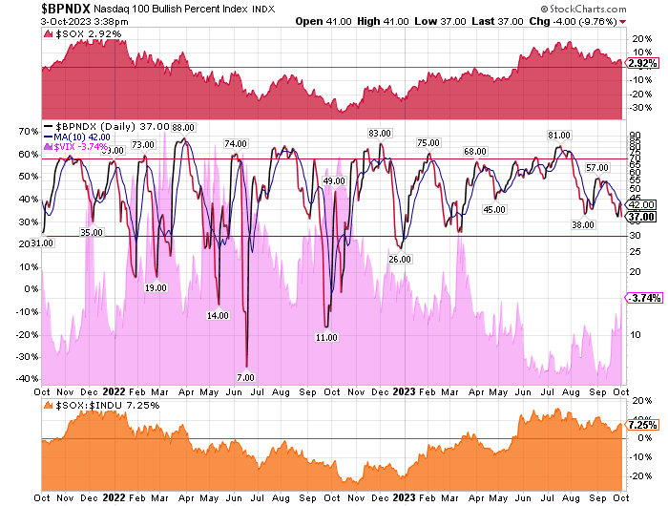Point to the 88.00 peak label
182,128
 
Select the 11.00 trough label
327,337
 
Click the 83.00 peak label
381,133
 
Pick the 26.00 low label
399,259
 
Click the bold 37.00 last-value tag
638,217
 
